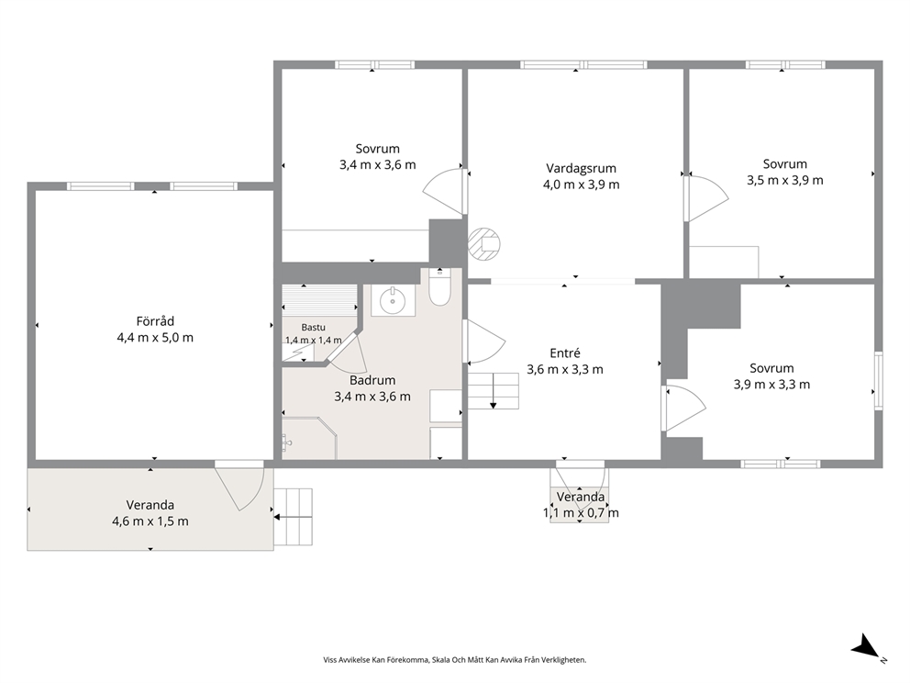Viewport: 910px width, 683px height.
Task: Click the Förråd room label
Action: pyautogui.click(x=155, y=321)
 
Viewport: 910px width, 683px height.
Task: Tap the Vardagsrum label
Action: pyautogui.click(x=581, y=168)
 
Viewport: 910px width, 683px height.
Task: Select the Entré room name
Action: pyautogui.click(x=565, y=353)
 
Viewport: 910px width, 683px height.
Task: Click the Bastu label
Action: pyautogui.click(x=314, y=328)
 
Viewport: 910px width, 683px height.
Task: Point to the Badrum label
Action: pyautogui.click(x=372, y=380)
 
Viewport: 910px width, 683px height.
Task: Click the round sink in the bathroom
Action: pyautogui.click(x=394, y=300)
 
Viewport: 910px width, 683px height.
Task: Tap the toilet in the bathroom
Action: pyautogui.click(x=440, y=287)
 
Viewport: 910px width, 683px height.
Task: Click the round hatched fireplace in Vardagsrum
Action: pyautogui.click(x=484, y=244)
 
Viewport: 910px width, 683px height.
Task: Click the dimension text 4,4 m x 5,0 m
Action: pyautogui.click(x=155, y=338)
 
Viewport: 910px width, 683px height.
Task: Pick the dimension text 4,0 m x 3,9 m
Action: pyautogui.click(x=581, y=185)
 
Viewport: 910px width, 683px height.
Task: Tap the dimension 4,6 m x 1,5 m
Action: pyautogui.click(x=150, y=521)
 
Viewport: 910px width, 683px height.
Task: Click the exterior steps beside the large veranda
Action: pyautogui.click(x=293, y=517)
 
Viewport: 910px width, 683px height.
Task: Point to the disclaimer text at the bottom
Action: pyautogui.click(x=454, y=660)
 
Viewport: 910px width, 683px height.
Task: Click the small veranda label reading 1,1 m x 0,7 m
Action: pyautogui.click(x=581, y=513)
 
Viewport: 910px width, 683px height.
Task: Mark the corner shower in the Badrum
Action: pyautogui.click(x=309, y=438)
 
